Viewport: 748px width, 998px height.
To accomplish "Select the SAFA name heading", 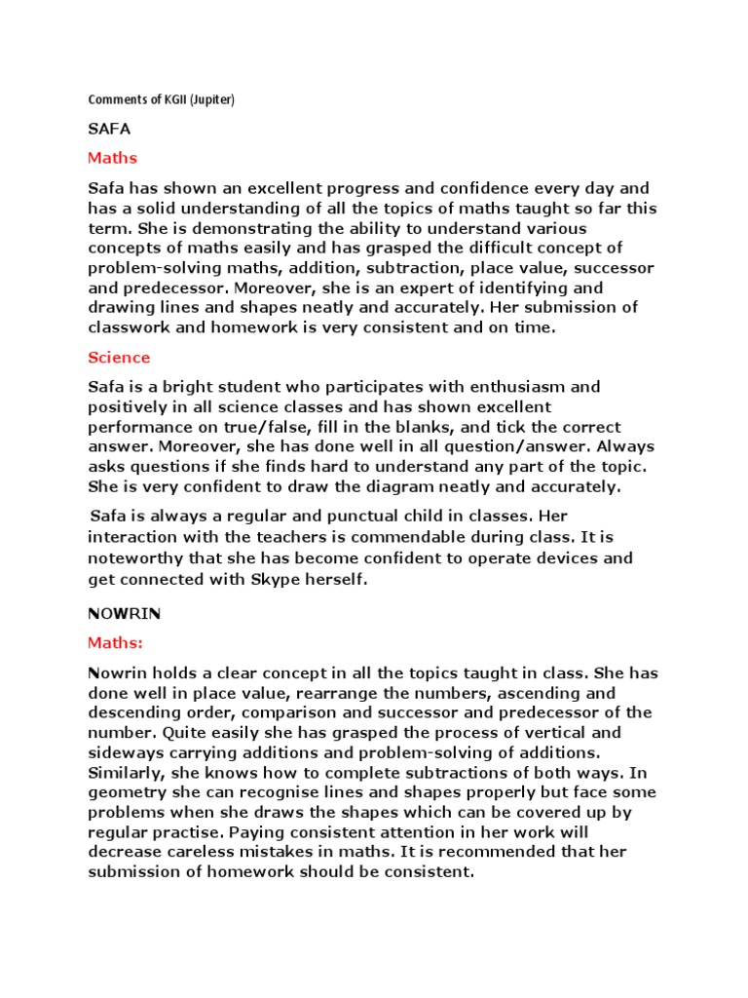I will [109, 129].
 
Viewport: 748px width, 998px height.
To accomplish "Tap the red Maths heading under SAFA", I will [113, 158].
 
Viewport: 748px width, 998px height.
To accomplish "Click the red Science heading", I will [119, 358].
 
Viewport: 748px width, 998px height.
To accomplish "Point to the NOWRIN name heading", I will [125, 614].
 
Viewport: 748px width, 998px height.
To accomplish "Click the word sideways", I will [128, 751].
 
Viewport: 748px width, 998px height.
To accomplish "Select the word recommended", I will [529, 853].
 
